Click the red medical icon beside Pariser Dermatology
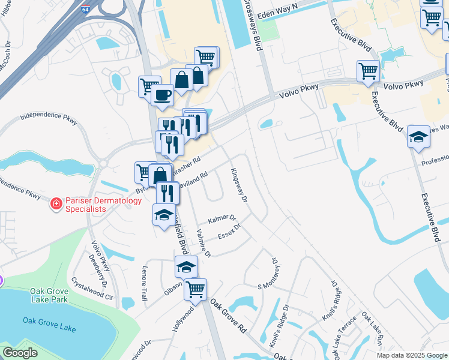pos(56,205)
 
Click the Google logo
pos(20,353)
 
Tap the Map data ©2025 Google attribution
pos(412,355)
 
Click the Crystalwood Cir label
pos(92,289)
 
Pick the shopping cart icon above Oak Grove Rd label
pos(195,290)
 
